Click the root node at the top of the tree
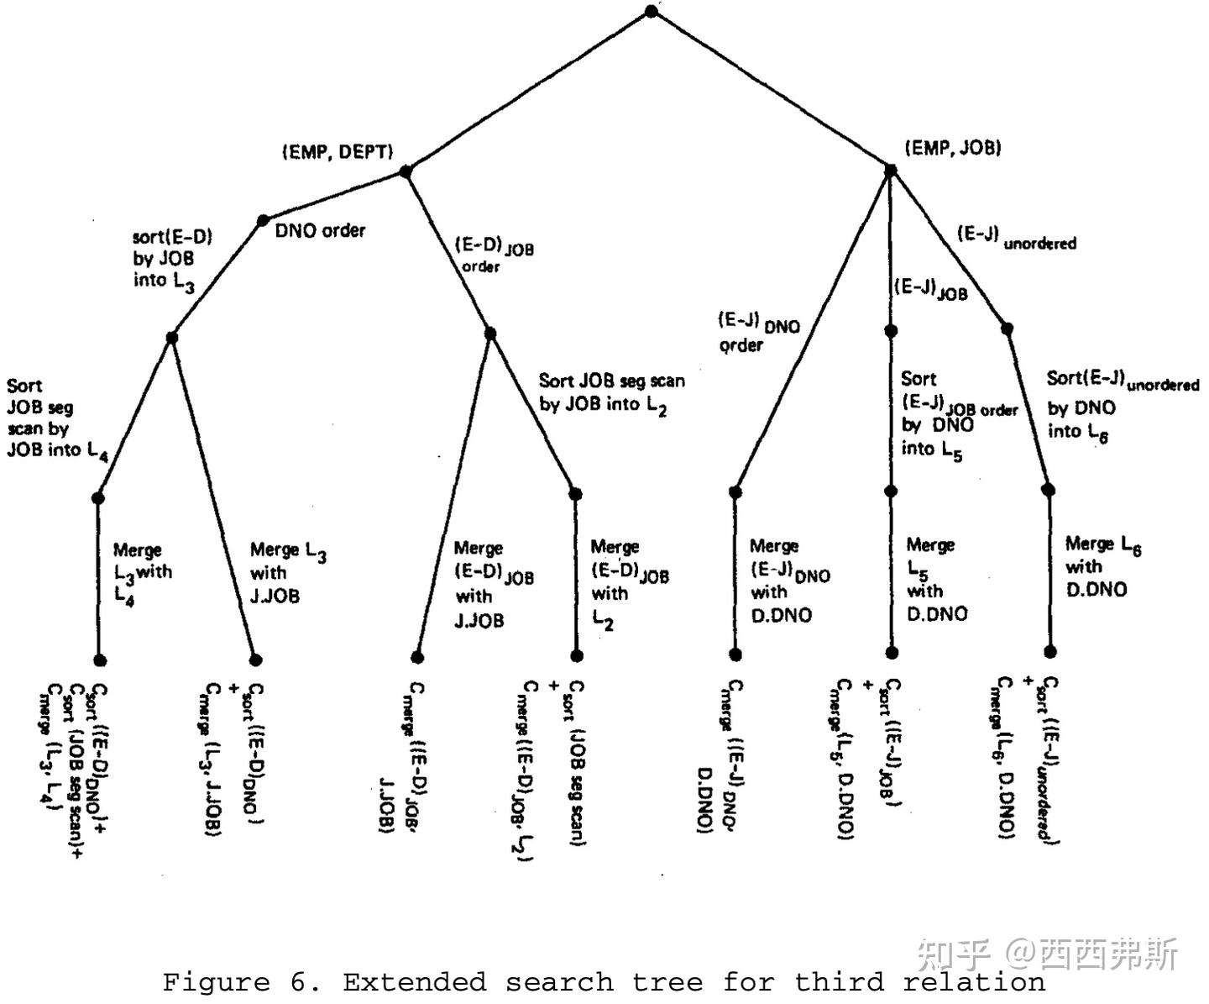pyautogui.click(x=652, y=12)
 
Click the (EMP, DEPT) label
pyautogui.click(x=338, y=152)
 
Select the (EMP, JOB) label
pyautogui.click(x=953, y=148)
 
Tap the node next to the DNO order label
pyautogui.click(x=263, y=221)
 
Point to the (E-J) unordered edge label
pyautogui.click(x=1016, y=237)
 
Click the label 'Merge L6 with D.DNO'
pyautogui.click(x=1102, y=567)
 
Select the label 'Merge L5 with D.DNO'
pyautogui.click(x=936, y=580)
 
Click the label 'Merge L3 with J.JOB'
pyautogui.click(x=287, y=573)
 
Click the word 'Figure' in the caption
pyautogui.click(x=216, y=981)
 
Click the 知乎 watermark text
pyautogui.click(x=954, y=954)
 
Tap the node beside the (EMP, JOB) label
pyautogui.click(x=891, y=170)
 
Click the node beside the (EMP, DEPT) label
pyautogui.click(x=406, y=171)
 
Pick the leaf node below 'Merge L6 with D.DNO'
pyautogui.click(x=1049, y=651)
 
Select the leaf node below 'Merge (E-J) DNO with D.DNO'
pyautogui.click(x=735, y=654)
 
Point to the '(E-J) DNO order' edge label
pyautogui.click(x=758, y=333)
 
